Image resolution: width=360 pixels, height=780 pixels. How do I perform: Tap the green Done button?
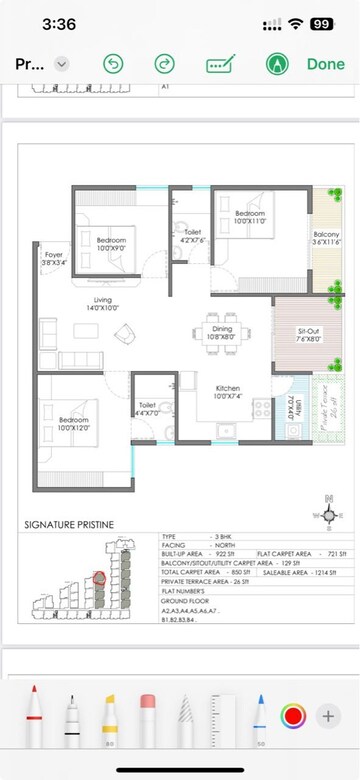pos(326,64)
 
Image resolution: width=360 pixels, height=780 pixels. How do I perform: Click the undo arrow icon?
pos(113,64)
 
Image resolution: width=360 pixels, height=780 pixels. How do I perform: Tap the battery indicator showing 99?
pos(322,22)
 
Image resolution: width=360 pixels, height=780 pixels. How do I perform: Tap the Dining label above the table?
pos(222,332)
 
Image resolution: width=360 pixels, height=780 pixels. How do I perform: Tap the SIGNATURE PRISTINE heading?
pos(69,525)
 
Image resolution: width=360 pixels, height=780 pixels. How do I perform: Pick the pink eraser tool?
pos(148,717)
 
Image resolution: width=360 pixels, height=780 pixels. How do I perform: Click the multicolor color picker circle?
pos(293,716)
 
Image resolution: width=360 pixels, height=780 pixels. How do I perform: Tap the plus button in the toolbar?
pos(327,716)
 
